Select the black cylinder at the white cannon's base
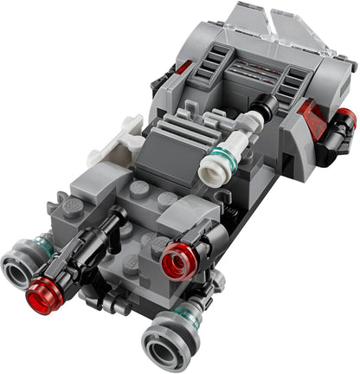263,111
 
